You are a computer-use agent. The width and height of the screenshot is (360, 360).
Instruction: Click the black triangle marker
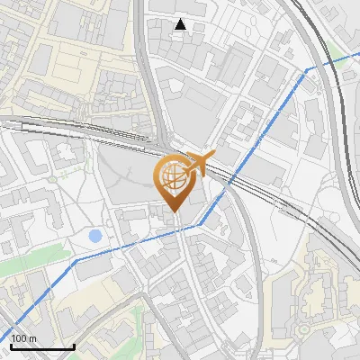coord(181,25)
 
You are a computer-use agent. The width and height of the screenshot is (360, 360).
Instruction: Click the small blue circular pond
coord(95,236)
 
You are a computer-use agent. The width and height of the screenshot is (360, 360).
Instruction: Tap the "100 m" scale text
coord(23,338)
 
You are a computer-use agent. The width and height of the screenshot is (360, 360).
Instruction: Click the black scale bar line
coord(41,346)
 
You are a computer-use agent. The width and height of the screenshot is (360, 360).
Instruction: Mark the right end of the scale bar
coord(73,346)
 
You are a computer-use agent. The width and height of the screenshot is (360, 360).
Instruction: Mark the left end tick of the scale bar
coord(11,345)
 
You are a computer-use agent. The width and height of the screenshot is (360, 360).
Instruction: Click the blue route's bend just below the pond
coord(76,260)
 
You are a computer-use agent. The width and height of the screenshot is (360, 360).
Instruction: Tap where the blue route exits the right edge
coord(358,52)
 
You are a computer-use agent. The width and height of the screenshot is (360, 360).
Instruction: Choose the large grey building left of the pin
coord(126,180)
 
